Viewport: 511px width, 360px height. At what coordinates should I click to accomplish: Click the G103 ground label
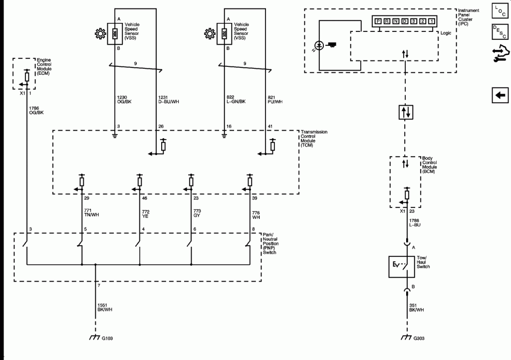107,339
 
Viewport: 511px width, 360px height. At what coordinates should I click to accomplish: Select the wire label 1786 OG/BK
37,110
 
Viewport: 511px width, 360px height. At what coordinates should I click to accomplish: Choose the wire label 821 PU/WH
275,99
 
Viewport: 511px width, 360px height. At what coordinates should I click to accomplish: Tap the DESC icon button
500,32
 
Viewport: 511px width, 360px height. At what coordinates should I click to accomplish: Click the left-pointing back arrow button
500,95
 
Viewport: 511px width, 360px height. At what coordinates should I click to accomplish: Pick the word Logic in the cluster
448,32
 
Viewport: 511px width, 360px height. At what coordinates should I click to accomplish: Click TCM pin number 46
145,198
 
